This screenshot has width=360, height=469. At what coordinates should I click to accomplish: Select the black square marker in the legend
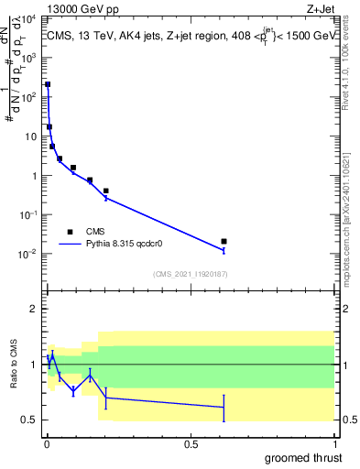(x=70, y=233)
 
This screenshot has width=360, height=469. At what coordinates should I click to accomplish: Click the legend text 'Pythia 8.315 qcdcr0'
(x=134, y=245)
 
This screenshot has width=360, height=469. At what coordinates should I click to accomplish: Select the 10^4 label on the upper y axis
(x=27, y=18)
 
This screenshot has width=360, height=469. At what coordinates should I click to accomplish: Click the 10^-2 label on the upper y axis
(x=27, y=254)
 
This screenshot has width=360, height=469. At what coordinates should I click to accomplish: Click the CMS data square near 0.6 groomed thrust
(x=224, y=241)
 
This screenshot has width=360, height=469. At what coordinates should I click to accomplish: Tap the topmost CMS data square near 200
(x=48, y=84)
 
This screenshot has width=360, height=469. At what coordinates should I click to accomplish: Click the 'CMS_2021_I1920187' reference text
(x=190, y=273)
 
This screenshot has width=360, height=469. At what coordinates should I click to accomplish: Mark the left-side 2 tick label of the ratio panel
(x=31, y=309)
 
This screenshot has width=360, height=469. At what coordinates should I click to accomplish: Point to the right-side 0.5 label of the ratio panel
(x=348, y=420)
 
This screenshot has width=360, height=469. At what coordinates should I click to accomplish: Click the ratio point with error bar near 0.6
(x=224, y=407)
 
